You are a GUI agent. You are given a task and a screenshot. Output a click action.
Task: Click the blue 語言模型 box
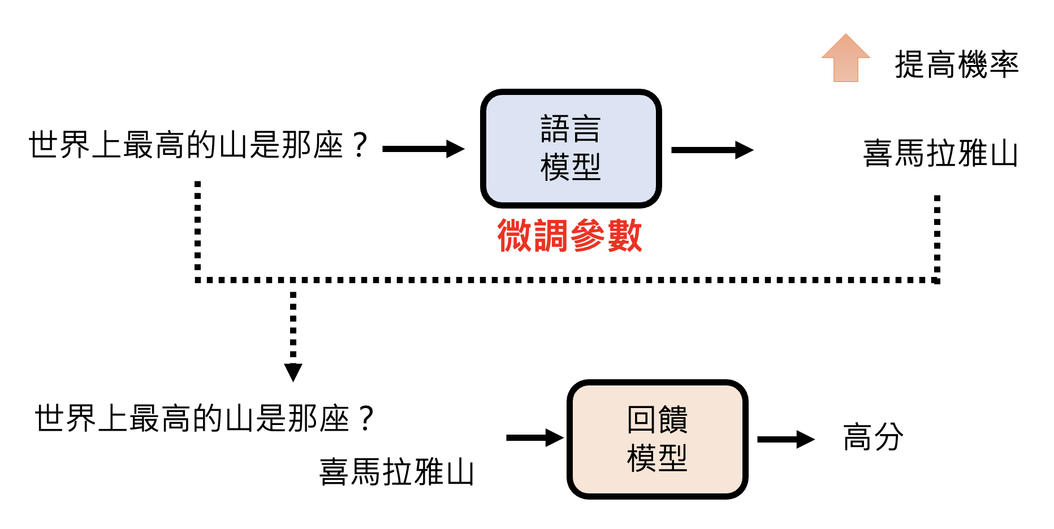click(571, 148)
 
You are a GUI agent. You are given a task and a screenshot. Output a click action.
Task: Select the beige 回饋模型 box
click(657, 439)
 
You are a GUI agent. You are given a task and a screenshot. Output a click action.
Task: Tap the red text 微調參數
click(569, 235)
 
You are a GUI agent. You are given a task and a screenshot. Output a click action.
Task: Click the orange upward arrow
click(845, 58)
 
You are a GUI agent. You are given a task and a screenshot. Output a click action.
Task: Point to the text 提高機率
click(956, 64)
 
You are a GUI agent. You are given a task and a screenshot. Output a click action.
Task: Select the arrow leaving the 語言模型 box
click(712, 150)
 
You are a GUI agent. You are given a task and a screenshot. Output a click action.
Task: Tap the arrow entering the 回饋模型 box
click(534, 437)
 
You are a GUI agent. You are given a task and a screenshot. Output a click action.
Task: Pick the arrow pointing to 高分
click(785, 439)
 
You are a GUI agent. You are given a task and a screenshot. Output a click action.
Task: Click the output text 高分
click(873, 437)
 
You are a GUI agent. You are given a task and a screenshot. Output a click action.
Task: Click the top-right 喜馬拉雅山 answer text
click(940, 153)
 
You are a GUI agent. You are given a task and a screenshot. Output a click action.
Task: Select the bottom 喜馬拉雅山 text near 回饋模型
click(396, 472)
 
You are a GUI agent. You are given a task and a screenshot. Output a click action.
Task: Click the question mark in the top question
click(360, 145)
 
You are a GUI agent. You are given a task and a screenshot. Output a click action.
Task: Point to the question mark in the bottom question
click(366, 419)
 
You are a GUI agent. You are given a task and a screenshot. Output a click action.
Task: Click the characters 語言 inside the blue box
click(570, 129)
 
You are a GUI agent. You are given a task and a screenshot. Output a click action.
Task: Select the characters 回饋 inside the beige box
click(657, 419)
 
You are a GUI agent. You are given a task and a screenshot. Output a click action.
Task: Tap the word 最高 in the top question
click(154, 145)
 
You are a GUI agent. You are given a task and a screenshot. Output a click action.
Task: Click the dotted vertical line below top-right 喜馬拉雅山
click(937, 237)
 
